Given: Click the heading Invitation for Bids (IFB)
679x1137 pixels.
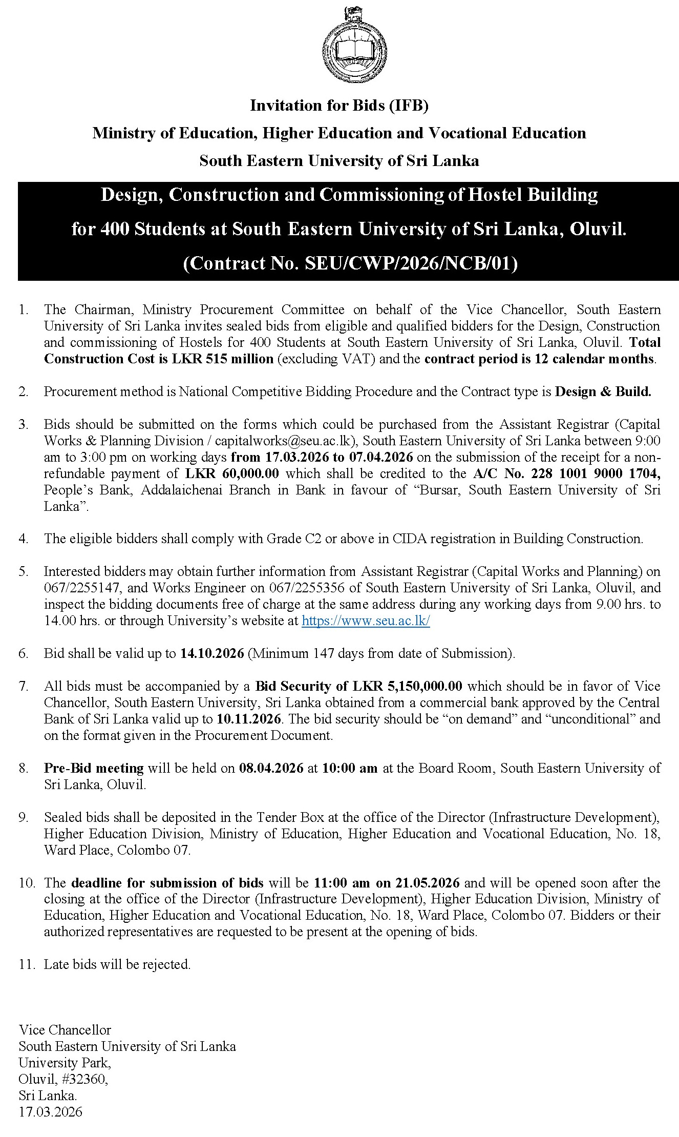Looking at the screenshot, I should pos(339,106).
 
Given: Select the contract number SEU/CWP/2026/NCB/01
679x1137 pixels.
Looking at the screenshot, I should pos(410,263).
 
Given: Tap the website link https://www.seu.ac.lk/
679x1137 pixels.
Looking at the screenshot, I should pos(366,621).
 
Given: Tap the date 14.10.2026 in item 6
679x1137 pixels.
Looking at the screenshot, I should pos(212,653).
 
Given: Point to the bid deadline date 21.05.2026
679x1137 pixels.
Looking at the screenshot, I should pos(428,883).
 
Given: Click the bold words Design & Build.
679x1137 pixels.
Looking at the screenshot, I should pos(603,392).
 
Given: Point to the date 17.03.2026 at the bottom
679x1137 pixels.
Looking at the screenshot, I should pos(50,1112).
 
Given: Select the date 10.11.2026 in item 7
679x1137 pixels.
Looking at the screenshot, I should pos(249,719).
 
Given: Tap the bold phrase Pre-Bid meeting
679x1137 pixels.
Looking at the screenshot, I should pos(94,768).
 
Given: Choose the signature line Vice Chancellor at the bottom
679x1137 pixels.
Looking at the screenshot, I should pos(65,1030).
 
